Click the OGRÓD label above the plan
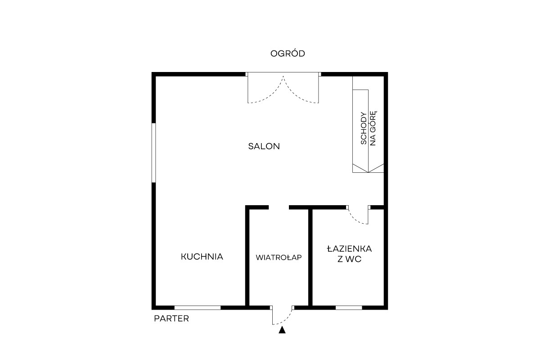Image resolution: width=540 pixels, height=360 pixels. pos(288,53)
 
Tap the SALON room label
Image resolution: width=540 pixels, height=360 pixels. pos(264,146)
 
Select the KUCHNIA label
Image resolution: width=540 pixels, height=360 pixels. pos(202,256)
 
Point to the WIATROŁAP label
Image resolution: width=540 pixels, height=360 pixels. pos(279,257)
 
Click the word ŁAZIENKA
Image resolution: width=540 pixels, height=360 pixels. pos(349,249)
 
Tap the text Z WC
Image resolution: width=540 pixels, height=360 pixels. pos(349,259)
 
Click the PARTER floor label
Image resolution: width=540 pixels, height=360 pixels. pos(171,319)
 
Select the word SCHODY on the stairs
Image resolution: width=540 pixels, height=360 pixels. pos(364,128)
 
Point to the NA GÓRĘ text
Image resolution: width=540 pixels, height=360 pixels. pos(373,128)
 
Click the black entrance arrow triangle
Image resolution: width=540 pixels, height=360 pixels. pos(282,330)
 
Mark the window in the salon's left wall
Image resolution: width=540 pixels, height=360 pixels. pos(153,153)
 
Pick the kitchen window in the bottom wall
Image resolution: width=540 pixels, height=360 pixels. pos(198,308)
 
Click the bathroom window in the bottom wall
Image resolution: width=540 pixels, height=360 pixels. pos(349,308)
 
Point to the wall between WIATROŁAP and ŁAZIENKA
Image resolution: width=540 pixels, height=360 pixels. pos(310,257)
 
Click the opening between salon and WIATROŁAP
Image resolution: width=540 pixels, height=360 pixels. pos(279,207)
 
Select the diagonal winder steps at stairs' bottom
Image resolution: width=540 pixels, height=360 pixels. pos(368,168)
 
